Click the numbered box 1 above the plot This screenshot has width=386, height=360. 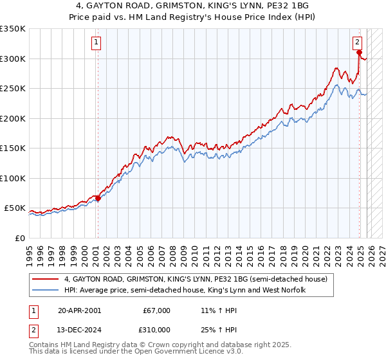tap(96, 43)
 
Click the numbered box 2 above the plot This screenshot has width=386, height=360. tap(357, 43)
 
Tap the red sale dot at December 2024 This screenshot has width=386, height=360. tap(359, 53)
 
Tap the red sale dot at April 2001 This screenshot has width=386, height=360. tap(98, 198)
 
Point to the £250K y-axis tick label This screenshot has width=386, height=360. tap(12, 89)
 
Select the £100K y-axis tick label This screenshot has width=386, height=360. tap(12, 178)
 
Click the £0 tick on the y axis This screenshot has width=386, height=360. tap(21, 238)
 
